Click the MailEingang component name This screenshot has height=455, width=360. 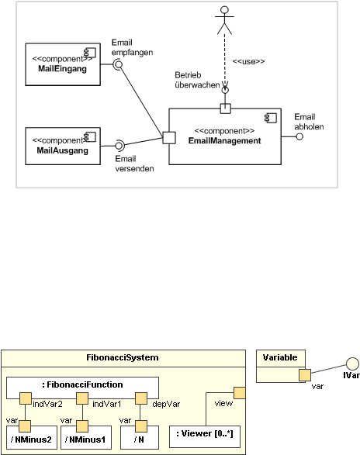63,69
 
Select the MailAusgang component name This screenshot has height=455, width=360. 63,150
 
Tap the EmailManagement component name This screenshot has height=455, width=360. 224,141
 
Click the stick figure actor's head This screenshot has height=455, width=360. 224,10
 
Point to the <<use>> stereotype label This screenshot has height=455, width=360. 249,61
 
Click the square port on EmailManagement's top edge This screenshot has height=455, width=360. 226,109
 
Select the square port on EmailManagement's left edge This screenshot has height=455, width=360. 169,138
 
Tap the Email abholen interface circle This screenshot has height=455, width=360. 299,136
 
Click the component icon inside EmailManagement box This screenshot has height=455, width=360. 271,118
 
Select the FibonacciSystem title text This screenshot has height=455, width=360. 123,357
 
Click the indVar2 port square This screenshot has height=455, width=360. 26,398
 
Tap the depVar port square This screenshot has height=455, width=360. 141,398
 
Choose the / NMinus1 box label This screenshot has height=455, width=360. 85,439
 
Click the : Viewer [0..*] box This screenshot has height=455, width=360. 205,436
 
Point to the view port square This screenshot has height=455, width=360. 240,393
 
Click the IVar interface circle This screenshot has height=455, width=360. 352,364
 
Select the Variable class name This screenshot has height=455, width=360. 280,357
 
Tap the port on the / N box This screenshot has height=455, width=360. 141,426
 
